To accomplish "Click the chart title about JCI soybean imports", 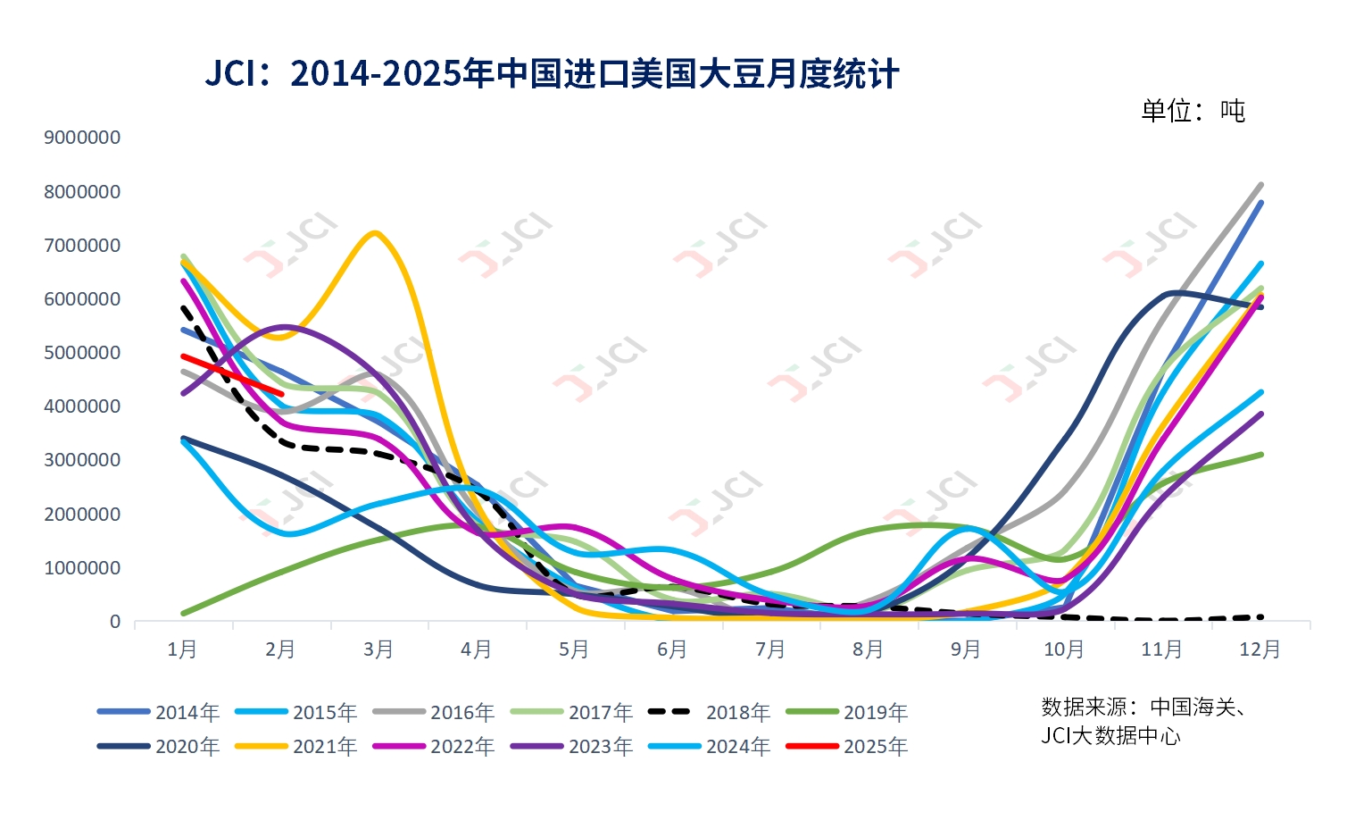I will point(552,73).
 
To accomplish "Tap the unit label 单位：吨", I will point(1193,111).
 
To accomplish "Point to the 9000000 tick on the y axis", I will point(82,138).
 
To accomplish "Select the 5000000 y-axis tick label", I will point(82,353).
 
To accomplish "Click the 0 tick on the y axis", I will point(114,622).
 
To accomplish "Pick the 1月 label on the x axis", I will point(183,649).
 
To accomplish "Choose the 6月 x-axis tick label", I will point(673,649).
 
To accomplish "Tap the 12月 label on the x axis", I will point(1260,649).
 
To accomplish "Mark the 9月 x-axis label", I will point(967,649).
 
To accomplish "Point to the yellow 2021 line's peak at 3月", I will point(375,233).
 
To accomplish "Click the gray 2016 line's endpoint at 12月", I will point(1260,185).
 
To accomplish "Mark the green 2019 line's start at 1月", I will point(183,614).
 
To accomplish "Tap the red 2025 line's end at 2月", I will point(281,394).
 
